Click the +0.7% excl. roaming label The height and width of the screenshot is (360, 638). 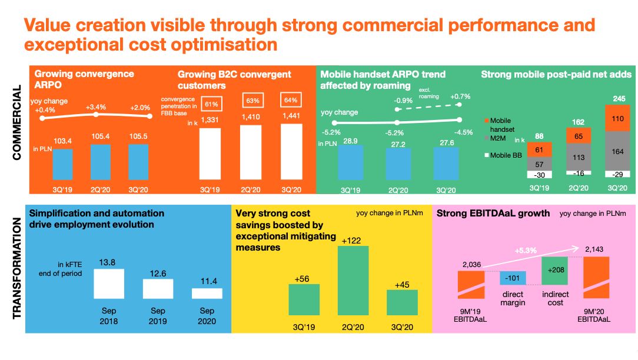(460, 95)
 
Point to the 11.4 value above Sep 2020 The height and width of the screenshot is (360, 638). (207, 281)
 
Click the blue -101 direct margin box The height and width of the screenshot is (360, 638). (513, 278)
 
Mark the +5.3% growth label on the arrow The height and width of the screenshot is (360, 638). (526, 251)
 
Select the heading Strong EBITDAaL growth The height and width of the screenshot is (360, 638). (493, 214)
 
